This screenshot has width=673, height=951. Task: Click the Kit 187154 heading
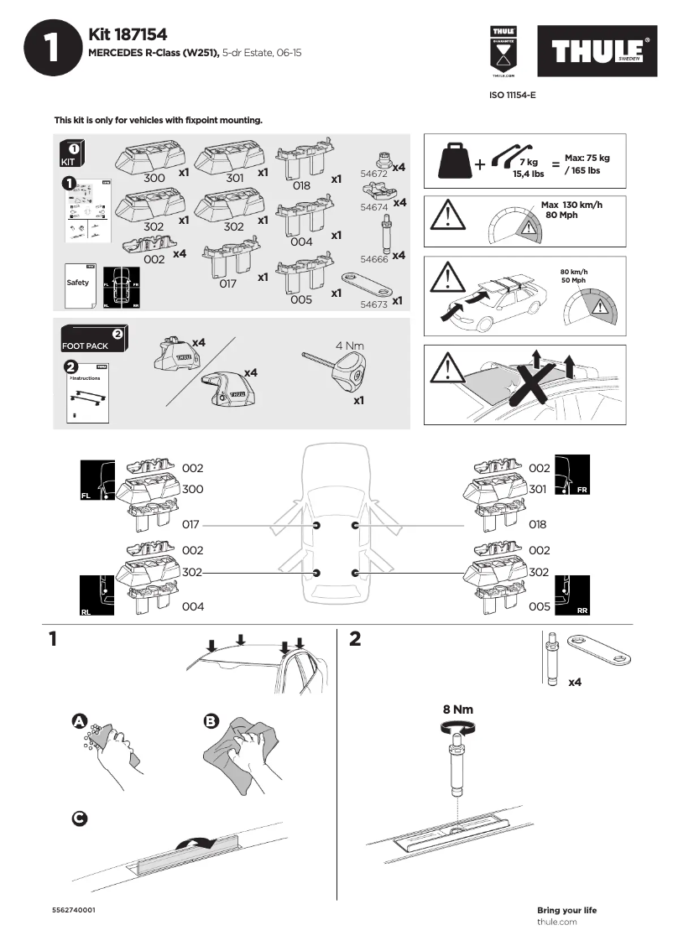click(x=128, y=34)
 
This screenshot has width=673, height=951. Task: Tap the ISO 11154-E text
click(x=512, y=96)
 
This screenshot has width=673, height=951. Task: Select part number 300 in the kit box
click(x=154, y=179)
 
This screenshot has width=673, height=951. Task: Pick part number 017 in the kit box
click(x=227, y=283)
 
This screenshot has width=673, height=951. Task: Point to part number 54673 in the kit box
click(x=373, y=304)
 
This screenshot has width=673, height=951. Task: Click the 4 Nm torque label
click(x=350, y=346)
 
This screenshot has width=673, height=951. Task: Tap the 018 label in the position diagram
click(x=537, y=525)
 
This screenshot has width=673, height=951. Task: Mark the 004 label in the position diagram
click(x=193, y=605)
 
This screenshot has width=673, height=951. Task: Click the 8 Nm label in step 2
click(x=457, y=709)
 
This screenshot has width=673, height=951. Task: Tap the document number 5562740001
click(x=74, y=910)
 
